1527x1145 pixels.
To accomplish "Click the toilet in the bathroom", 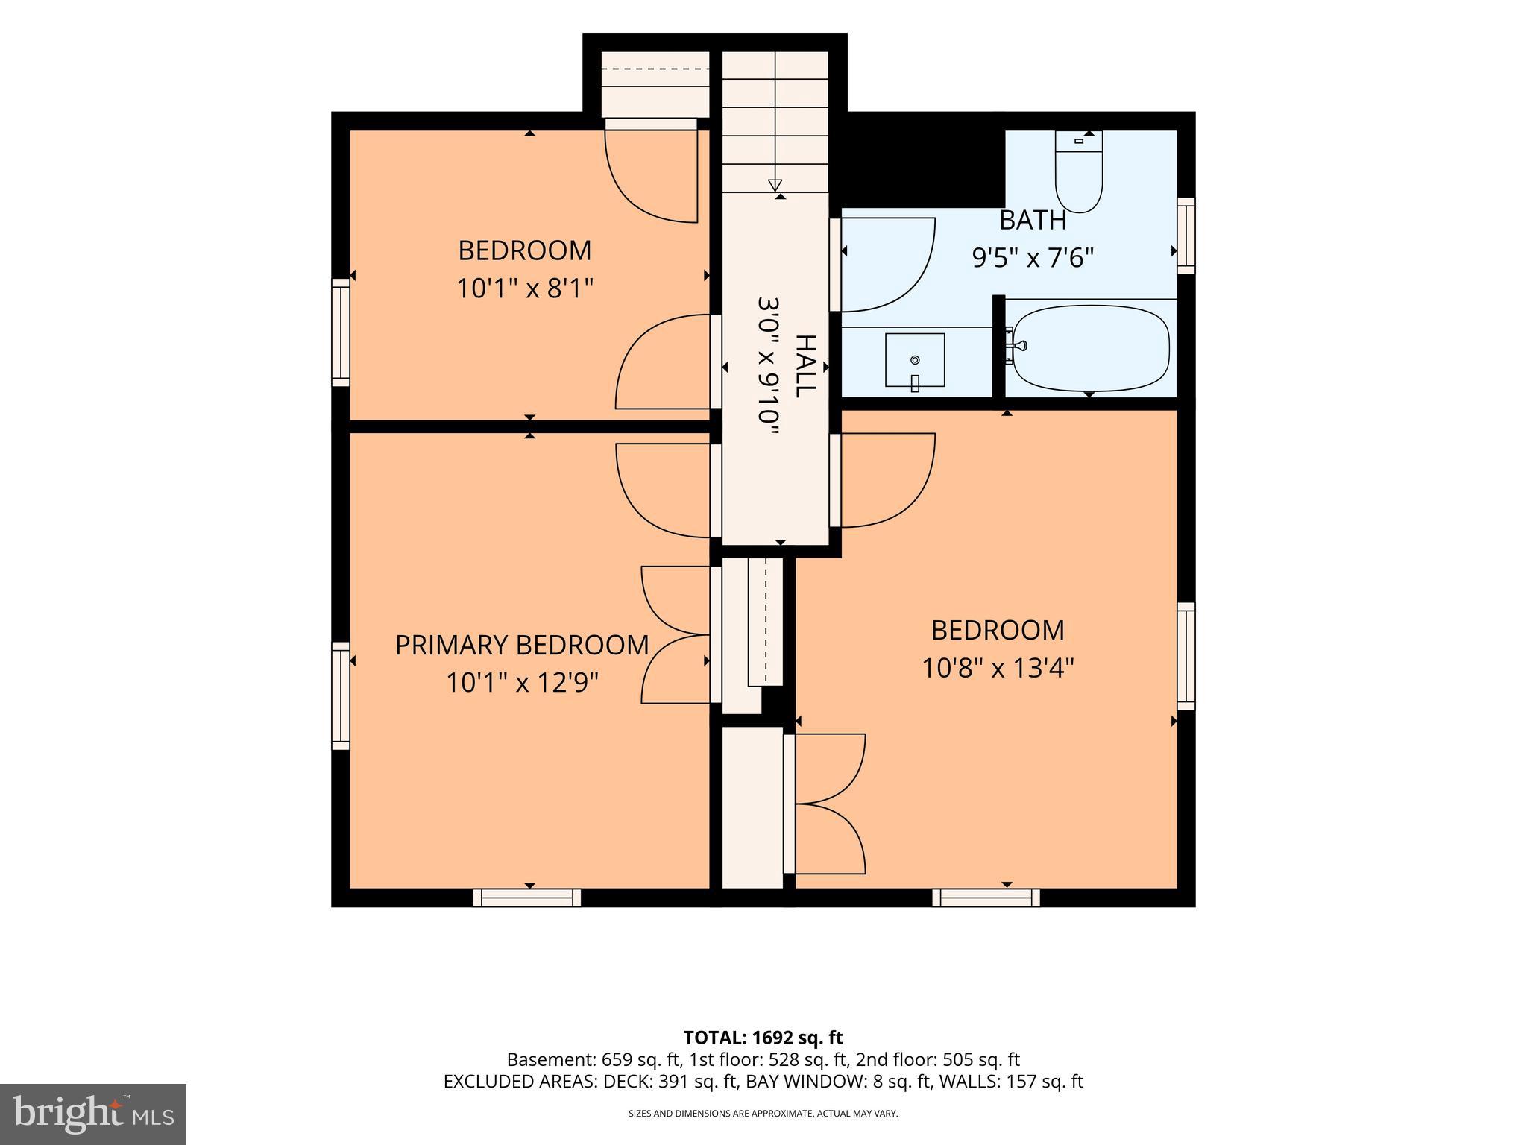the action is point(1079,171).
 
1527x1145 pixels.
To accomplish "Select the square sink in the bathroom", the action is point(915,361).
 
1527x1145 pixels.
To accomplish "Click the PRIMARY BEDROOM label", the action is point(522,645).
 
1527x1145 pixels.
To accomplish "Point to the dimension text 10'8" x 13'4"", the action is point(998,668).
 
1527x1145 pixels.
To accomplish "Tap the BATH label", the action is point(1033,221).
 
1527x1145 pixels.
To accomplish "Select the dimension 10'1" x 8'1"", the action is point(525,288).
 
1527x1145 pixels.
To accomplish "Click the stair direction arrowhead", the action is point(775,185).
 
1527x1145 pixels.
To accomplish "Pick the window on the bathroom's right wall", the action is point(1186,236).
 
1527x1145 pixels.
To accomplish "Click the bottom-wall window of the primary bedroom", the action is point(527,898).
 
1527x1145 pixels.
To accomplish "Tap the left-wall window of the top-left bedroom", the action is point(340,332).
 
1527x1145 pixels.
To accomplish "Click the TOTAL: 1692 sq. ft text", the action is point(763,1038).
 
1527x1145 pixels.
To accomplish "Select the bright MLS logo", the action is point(93,1114).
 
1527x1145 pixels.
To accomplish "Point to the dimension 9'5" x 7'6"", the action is point(1033,258).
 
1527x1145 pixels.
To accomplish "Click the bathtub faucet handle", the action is point(1019,345).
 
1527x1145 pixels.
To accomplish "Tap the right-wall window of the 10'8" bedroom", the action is point(1186,656).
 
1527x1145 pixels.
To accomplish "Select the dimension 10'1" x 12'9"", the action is point(523,682).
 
